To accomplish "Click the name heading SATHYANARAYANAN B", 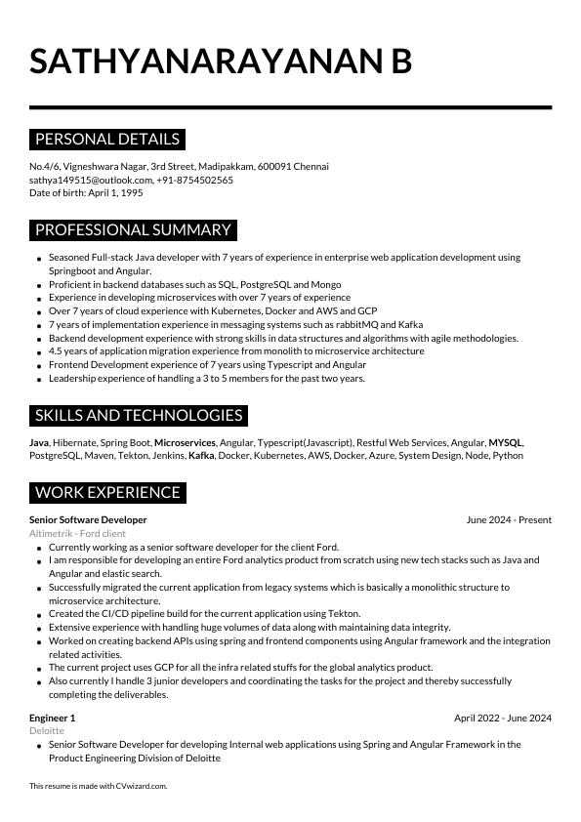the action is pos(221,61).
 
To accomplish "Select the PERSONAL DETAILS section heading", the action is pos(107,139).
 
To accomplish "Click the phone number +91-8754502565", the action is pos(196,180).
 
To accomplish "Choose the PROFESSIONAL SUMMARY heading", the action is pos(133,230).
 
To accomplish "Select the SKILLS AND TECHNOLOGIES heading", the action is pos(138,416).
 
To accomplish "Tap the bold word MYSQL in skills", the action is pos(506,442).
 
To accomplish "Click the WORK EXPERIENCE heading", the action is pos(107,493).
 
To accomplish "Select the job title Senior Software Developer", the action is pos(88,520).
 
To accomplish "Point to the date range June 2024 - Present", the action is pos(509,520).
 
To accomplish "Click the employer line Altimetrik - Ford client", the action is pos(77,534).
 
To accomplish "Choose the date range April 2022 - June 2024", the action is pos(502,718).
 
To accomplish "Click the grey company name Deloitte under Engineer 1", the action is pos(47,730).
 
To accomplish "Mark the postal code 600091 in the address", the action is pos(277,166).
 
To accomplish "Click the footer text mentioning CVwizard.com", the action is pos(99,786).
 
